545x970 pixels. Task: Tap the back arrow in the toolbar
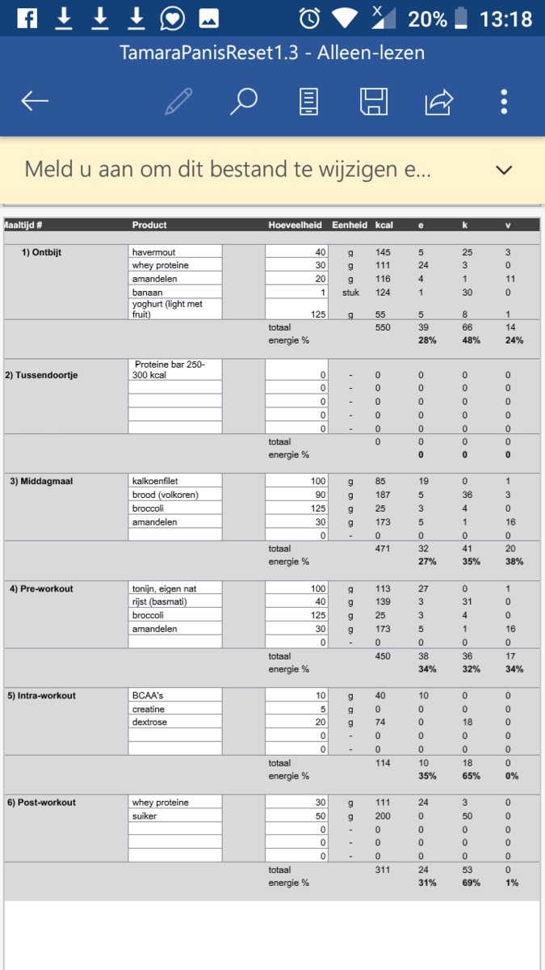coord(35,101)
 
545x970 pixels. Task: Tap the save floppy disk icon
coord(374,101)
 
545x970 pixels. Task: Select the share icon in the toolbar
coord(439,101)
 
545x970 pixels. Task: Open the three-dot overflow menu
coord(504,101)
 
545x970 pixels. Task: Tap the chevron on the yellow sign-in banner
coord(504,170)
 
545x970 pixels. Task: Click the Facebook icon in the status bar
coord(27,18)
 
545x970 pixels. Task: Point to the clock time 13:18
coord(506,18)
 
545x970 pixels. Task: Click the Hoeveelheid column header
coord(296,225)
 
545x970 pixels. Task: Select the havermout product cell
coord(174,252)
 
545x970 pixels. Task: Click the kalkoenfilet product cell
coord(174,481)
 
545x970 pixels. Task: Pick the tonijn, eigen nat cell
coord(174,588)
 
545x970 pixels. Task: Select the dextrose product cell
coord(174,722)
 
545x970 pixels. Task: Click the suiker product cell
coord(174,816)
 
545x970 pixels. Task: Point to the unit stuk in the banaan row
coord(350,292)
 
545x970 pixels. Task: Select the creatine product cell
coord(174,709)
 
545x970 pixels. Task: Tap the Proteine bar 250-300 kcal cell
coord(174,369)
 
